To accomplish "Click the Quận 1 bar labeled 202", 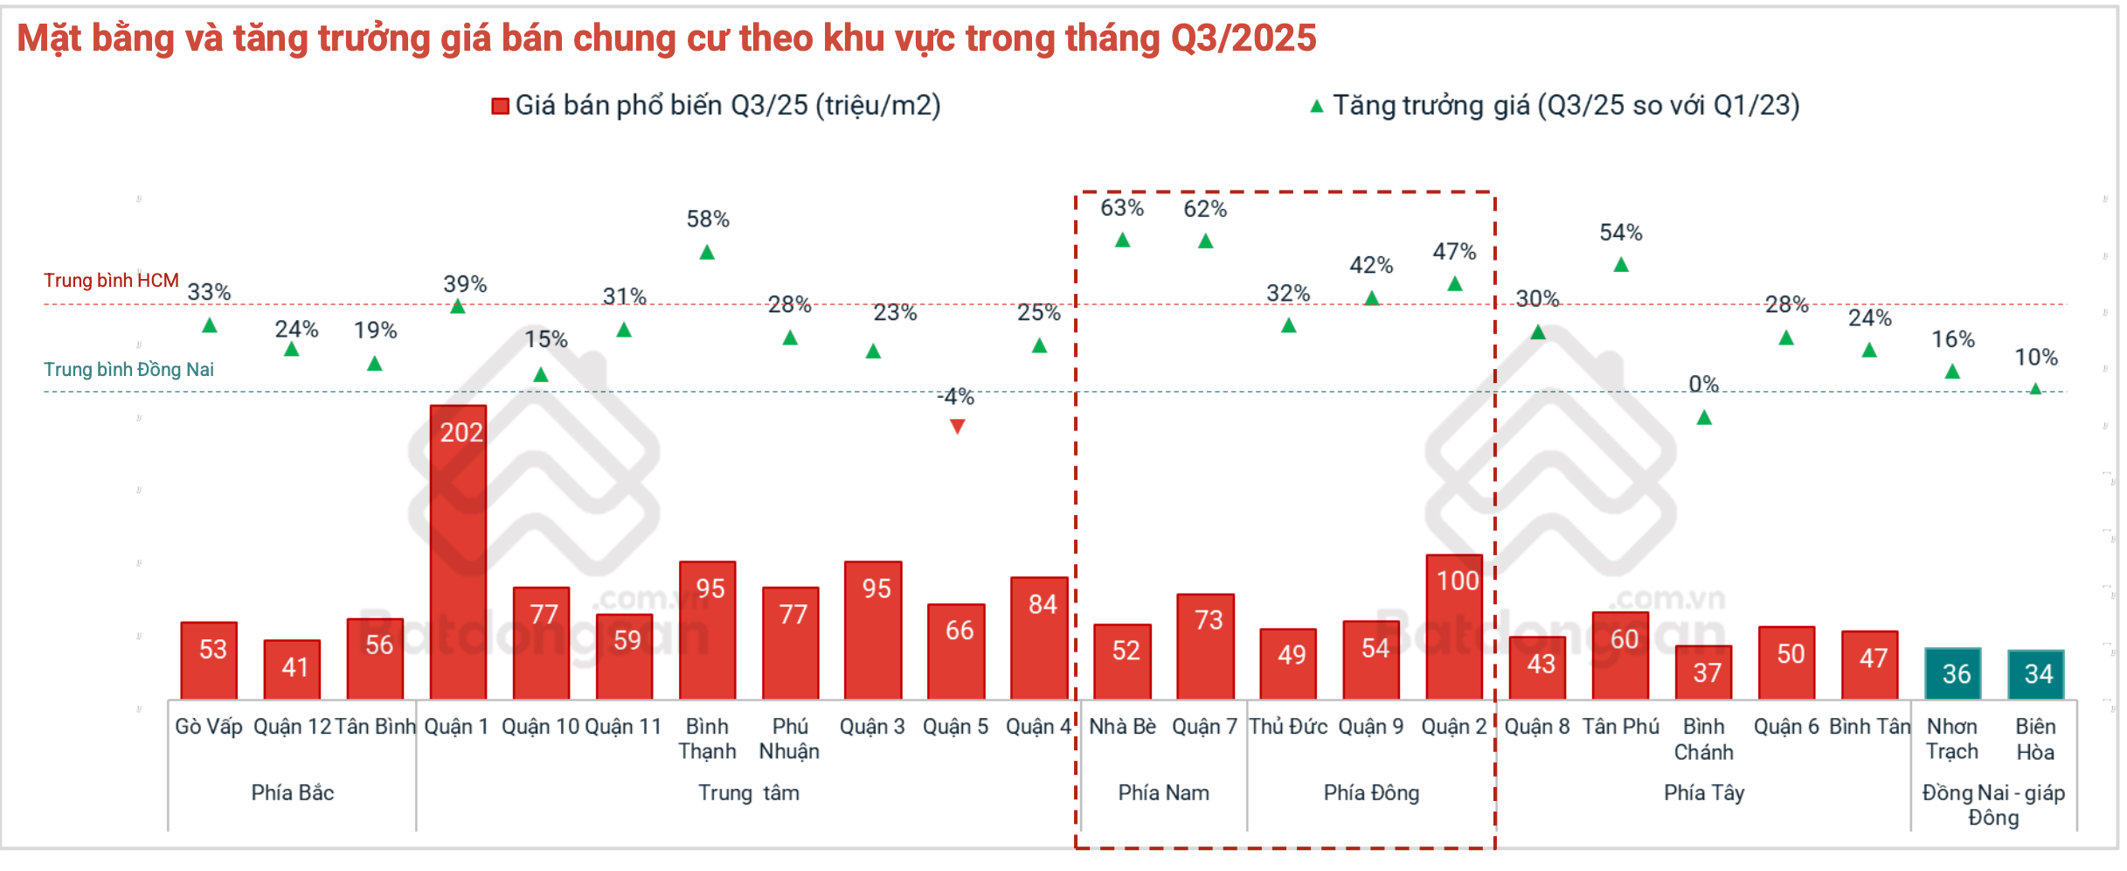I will pos(459,551).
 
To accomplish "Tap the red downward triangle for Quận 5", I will pos(958,427).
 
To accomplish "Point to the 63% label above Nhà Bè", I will pos(1122,208).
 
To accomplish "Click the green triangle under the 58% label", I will pos(708,253).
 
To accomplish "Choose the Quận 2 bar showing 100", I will pos(1455,626).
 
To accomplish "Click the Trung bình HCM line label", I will pos(111,281).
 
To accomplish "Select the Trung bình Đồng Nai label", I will pos(128,370).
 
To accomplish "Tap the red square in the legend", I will pos(501,107).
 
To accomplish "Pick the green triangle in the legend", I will pos(1317,107).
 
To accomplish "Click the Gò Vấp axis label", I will pos(209,727).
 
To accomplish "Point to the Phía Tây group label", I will pos(1704,793).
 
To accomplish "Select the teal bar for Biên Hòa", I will pos(2036,674).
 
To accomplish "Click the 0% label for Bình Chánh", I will pos(1703,384).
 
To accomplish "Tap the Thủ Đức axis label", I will pos(1288,727).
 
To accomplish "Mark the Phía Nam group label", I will pos(1164,793).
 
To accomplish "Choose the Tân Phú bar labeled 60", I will pos(1621,655).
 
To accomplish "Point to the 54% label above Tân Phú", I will pos(1621,233).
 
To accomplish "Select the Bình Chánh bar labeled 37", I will pos(1704,672).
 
